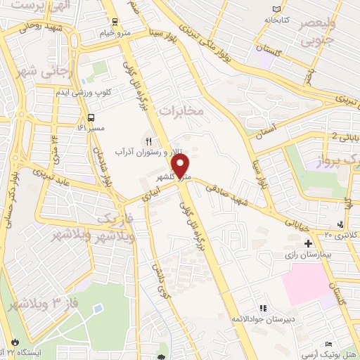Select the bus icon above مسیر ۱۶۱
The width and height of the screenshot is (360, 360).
click(x=91, y=117)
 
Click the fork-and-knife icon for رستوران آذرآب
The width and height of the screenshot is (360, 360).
click(x=148, y=141)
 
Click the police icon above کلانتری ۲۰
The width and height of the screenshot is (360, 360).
click(x=341, y=224)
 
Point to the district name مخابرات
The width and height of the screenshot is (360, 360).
click(x=181, y=111)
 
